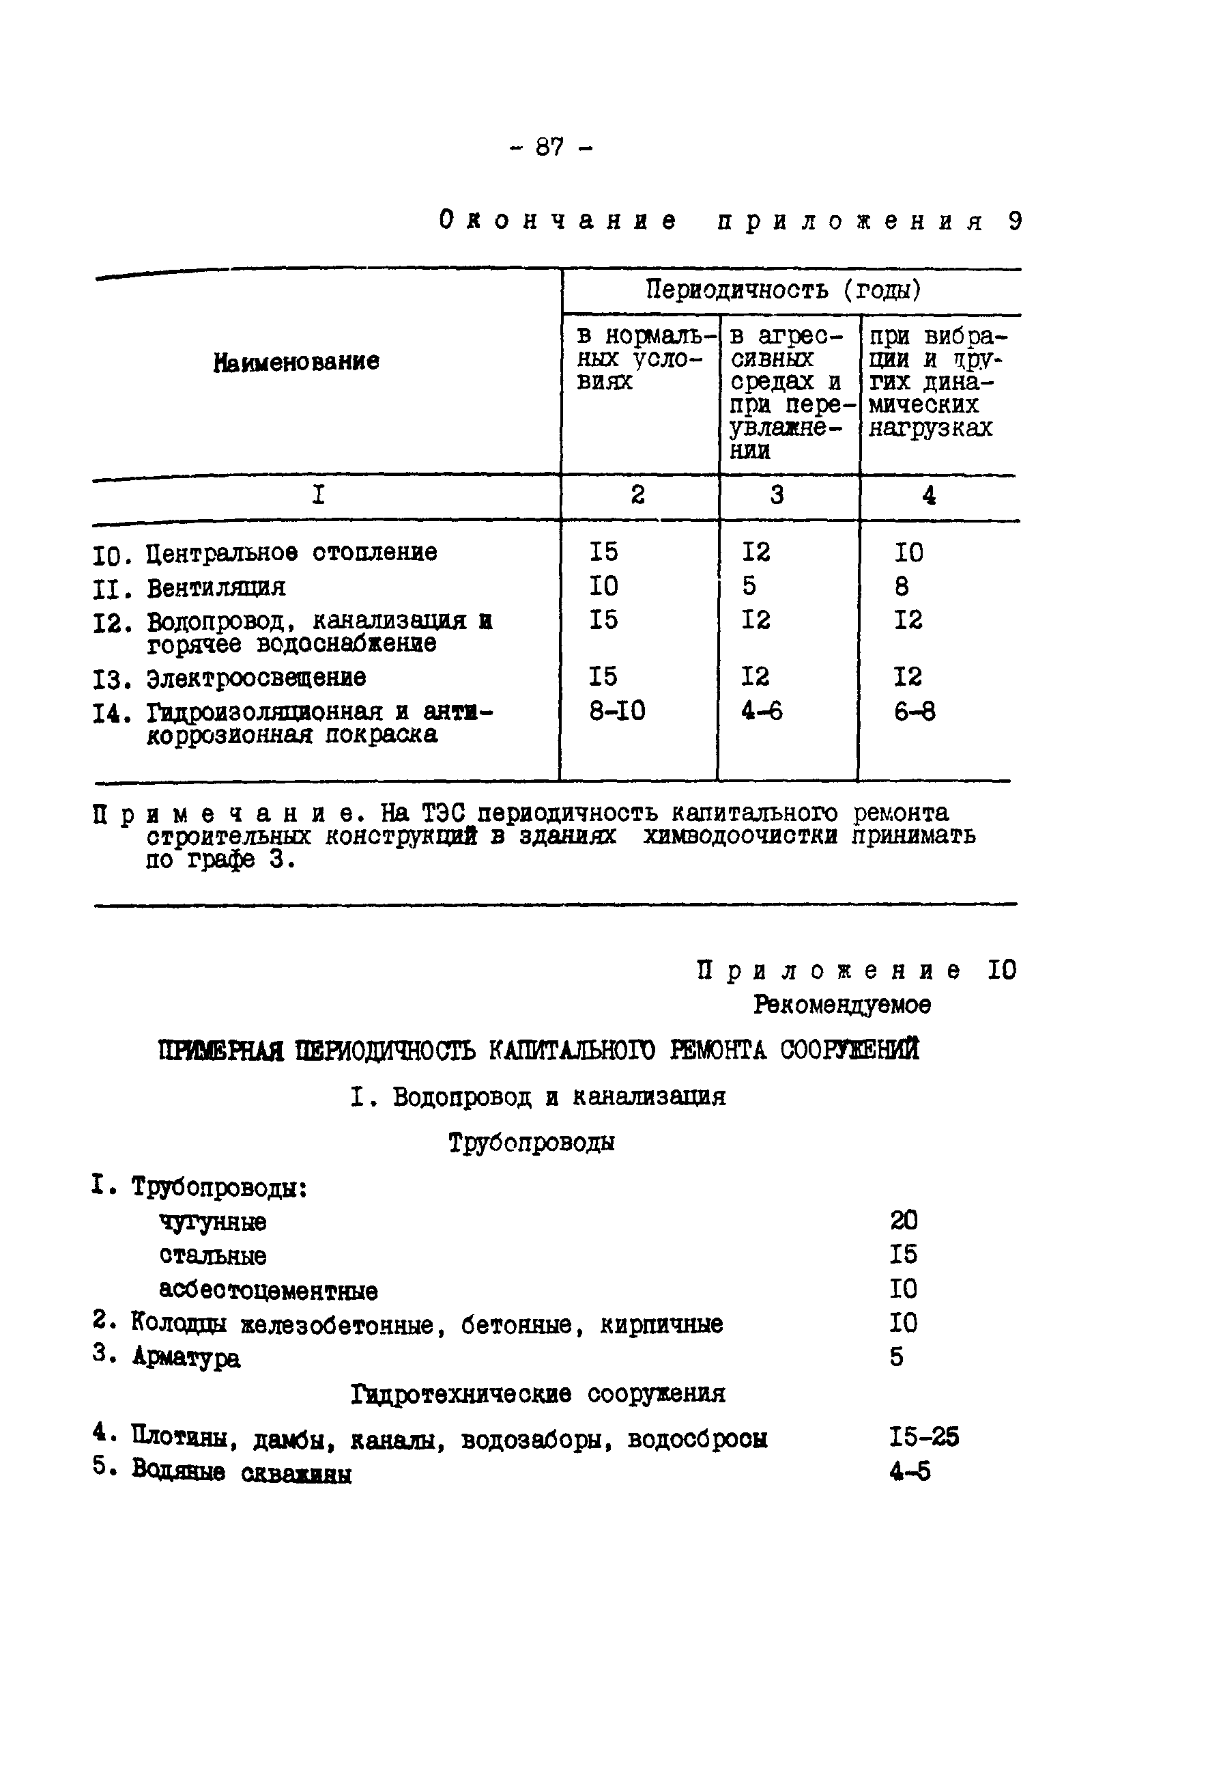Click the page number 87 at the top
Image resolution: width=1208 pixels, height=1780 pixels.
(x=549, y=146)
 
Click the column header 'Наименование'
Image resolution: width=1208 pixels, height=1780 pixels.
(x=296, y=361)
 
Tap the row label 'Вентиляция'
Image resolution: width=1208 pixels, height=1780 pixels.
(x=216, y=588)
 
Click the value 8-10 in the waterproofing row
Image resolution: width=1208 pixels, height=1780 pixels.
(x=617, y=712)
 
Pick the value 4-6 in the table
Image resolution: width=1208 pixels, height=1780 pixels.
(x=762, y=712)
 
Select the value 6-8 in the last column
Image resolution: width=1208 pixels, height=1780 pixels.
(x=914, y=712)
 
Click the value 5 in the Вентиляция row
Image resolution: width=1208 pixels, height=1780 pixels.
(x=749, y=586)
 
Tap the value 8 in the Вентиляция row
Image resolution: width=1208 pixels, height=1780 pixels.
(x=902, y=587)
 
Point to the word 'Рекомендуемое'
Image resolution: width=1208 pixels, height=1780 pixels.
(x=842, y=1004)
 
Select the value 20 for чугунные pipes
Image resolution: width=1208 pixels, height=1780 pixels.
(x=904, y=1220)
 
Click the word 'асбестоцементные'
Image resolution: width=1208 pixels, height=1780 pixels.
(x=268, y=1290)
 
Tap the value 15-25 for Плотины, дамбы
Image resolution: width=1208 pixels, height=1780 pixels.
(x=924, y=1437)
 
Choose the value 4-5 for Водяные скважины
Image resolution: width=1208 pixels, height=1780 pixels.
(x=910, y=1471)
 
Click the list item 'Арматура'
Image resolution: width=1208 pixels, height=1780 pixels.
(x=186, y=1358)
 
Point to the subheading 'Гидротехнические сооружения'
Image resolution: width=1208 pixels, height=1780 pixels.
(x=537, y=1394)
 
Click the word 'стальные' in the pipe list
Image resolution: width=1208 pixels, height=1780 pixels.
(x=213, y=1255)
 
